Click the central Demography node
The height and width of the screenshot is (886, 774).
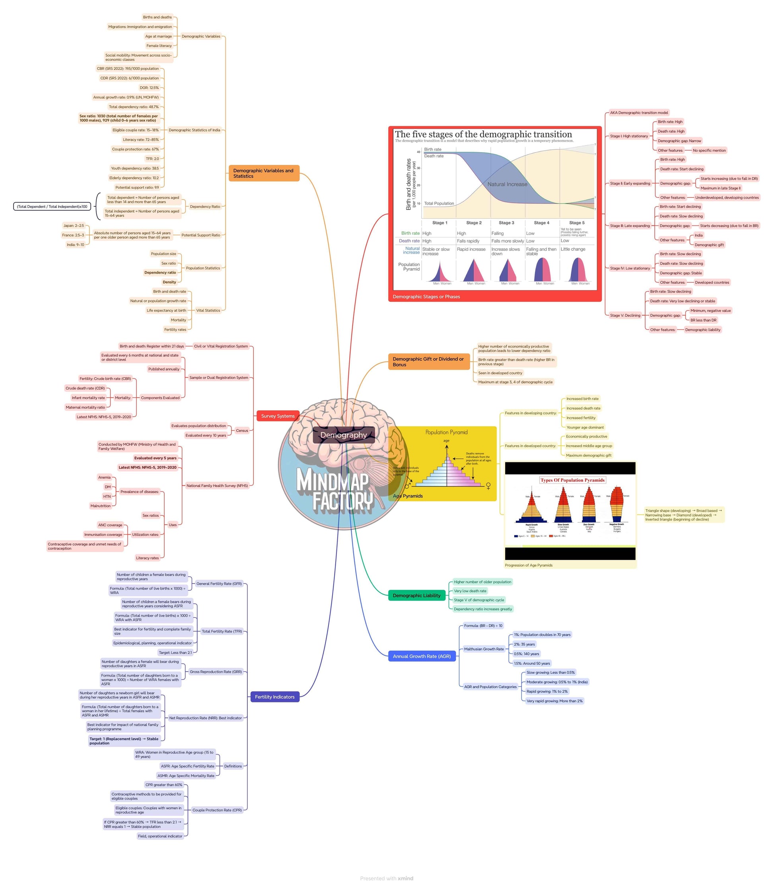point(343,435)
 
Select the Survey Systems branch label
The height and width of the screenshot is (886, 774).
point(277,416)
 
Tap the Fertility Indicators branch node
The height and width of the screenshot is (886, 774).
point(274,696)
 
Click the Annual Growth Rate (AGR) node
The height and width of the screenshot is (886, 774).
point(421,656)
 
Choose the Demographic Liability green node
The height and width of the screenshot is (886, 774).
point(416,595)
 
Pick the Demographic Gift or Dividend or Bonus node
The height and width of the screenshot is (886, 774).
point(428,362)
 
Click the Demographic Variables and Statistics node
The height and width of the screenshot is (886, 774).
point(263,173)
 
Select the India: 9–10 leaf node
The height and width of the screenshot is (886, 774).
point(75,245)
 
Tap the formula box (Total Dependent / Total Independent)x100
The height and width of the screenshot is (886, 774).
point(52,206)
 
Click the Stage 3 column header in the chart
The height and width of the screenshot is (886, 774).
point(506,223)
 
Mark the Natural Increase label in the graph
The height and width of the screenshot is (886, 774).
point(507,184)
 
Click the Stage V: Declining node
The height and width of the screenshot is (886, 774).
point(624,315)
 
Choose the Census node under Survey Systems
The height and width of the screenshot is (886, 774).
point(242,430)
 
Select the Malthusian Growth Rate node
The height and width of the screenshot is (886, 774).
point(484,649)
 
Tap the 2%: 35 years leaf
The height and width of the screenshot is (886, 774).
point(524,644)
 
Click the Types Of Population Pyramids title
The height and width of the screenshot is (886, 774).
point(572,480)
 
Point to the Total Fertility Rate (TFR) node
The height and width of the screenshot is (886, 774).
point(222,631)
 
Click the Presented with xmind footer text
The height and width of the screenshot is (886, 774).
point(387,878)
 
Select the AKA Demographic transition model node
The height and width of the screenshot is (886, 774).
point(638,112)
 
